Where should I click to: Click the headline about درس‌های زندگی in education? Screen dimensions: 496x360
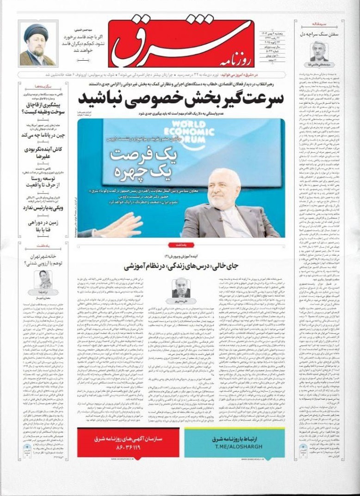pos(180,267)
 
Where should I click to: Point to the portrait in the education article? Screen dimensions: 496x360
pos(181,288)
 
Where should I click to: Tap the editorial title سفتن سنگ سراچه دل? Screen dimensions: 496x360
pos(318,34)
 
